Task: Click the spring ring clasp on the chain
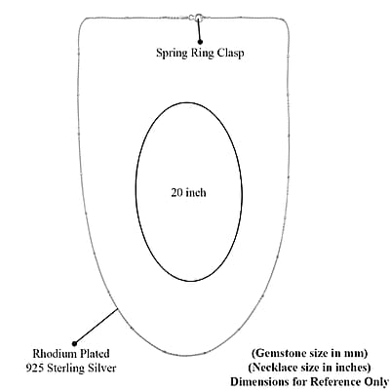coord(197,18)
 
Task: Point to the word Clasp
coord(230,53)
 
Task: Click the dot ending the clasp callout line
coord(200,42)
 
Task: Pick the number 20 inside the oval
coord(177,192)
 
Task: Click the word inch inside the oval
coord(196,192)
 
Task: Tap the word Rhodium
coord(54,354)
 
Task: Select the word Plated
coord(94,354)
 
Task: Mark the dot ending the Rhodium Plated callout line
coord(74,342)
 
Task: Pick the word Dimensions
coord(259,381)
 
